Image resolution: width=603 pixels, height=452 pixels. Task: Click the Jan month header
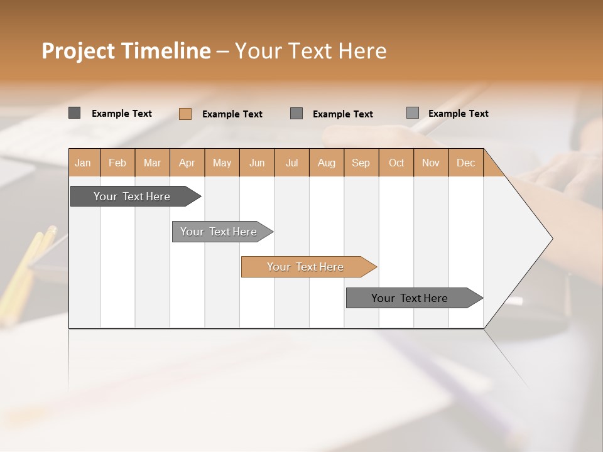83,163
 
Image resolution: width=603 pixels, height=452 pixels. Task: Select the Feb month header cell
117,163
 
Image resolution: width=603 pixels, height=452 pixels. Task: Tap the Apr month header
187,163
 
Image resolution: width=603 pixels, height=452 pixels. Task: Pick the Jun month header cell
257,163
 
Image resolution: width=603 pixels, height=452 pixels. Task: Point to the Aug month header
326,163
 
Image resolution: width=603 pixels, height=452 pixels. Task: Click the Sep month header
361,163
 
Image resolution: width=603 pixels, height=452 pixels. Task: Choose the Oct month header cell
396,163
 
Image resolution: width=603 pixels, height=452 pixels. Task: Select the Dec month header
465,163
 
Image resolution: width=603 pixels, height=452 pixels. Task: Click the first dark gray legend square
74,113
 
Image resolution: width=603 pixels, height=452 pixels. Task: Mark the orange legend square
185,114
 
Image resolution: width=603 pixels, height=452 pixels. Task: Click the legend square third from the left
296,114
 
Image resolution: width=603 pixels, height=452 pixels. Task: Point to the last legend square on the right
412,113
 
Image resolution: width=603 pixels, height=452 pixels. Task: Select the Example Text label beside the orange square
232,114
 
